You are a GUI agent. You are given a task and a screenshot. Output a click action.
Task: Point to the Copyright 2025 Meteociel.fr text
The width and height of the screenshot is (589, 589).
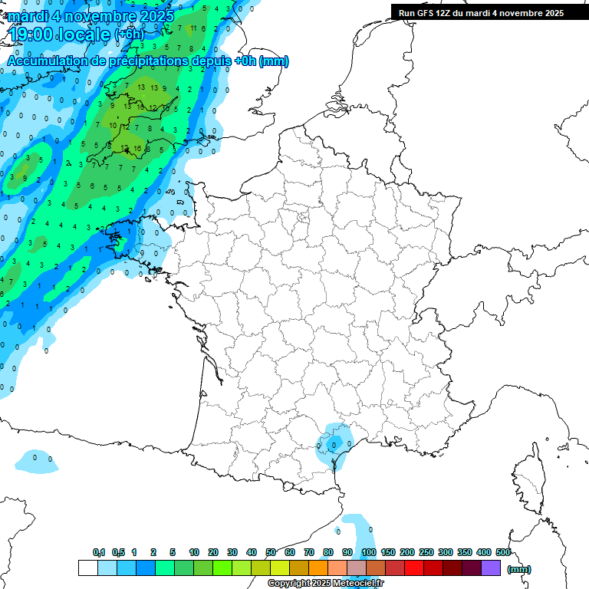[325, 583]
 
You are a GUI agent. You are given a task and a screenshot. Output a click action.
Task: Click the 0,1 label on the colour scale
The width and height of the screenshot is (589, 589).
[98, 552]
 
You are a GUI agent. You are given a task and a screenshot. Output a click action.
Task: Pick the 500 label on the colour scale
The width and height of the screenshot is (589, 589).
[503, 552]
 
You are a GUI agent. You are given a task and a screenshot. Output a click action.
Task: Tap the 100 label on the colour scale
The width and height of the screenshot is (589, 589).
[369, 552]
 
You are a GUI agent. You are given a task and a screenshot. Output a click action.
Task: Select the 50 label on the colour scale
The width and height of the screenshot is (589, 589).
[271, 552]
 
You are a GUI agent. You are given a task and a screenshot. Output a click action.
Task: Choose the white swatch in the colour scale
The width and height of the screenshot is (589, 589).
[87, 568]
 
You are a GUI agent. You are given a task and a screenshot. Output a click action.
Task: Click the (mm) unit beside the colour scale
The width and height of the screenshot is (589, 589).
[519, 569]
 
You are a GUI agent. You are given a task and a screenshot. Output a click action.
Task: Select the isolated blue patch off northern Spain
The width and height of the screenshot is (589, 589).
[35, 460]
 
